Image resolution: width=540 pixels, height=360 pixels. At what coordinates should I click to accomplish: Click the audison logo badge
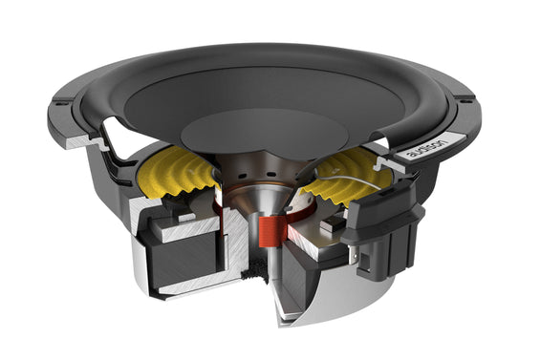point(428,146)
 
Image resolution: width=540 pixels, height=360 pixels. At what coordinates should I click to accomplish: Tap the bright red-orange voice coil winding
point(272,232)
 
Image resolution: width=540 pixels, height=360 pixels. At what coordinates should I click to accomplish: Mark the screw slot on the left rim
point(62,102)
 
